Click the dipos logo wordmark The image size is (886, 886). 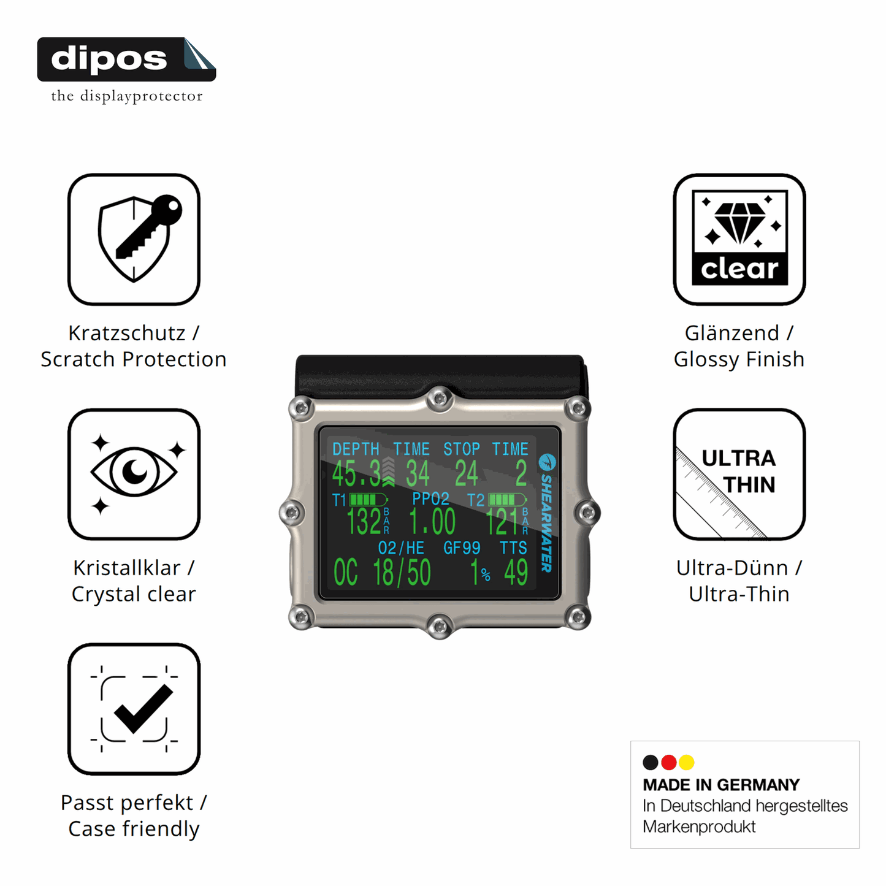pos(109,59)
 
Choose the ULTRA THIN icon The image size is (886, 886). pos(739,474)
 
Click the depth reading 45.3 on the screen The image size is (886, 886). pos(356,473)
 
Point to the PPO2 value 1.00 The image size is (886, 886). pos(432,522)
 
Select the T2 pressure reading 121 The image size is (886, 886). pos(503,522)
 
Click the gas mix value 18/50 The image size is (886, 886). pos(402,573)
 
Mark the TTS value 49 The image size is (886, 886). pos(516,573)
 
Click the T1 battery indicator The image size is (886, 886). pos(369,499)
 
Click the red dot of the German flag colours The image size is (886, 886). pos(668,762)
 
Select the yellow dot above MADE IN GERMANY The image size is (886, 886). pos(687,762)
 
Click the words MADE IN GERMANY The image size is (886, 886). pos(721,785)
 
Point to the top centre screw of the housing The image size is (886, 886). pos(440,398)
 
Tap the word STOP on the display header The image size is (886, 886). pos(462,449)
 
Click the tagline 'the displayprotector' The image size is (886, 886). pos(127,96)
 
